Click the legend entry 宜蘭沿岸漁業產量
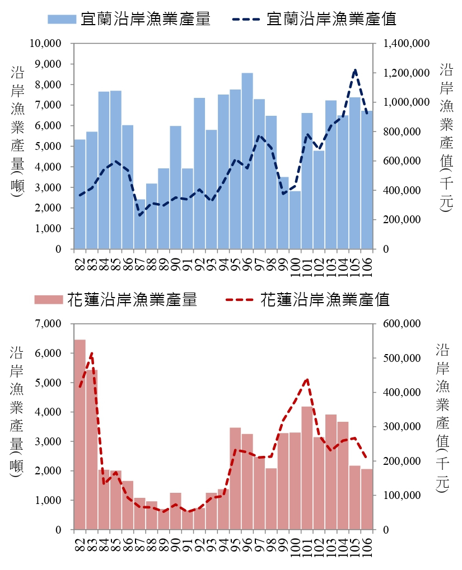click(x=129, y=19)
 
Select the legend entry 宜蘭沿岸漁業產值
click(x=314, y=19)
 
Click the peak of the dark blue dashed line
click(x=354, y=70)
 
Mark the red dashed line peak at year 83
click(x=92, y=353)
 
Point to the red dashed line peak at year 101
click(x=307, y=379)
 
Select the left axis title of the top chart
click(x=16, y=134)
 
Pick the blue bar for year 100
click(x=295, y=220)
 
